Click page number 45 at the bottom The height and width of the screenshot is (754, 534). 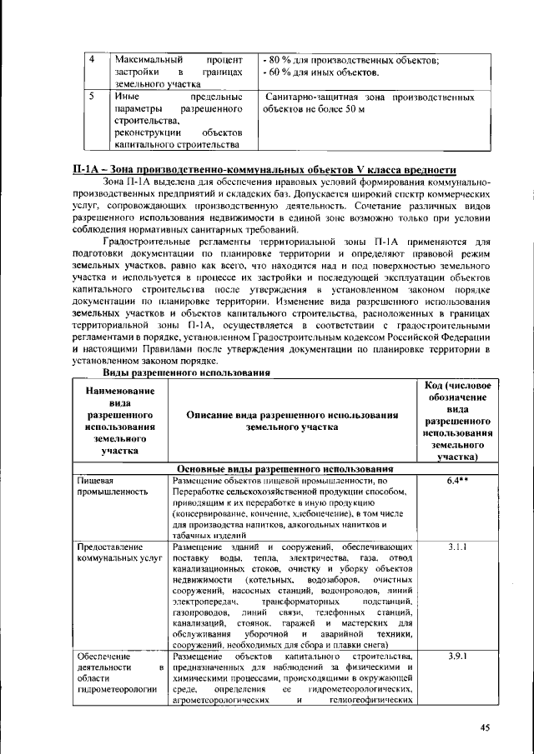484,727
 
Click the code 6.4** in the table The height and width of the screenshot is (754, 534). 456,481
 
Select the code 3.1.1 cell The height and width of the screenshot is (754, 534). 456,546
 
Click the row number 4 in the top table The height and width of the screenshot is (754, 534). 93,60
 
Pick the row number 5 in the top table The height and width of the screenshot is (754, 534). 93,97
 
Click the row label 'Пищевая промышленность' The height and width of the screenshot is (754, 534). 108,487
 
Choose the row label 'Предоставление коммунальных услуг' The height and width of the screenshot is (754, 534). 118,552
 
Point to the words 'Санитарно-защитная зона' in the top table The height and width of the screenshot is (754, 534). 315,97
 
